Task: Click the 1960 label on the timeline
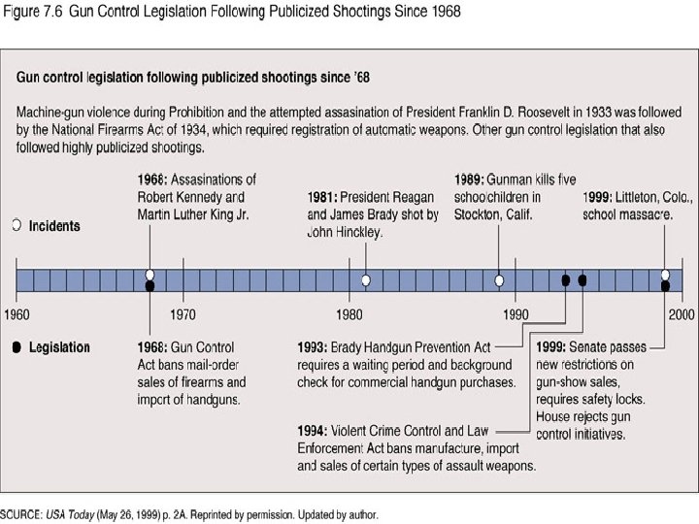point(17,314)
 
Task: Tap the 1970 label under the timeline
point(183,314)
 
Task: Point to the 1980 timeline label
point(349,314)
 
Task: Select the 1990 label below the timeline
point(516,314)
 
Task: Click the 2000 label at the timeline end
point(681,314)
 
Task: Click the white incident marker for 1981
point(366,280)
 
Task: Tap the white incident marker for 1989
point(499,280)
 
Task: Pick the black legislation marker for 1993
point(566,280)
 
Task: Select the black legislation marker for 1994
point(582,280)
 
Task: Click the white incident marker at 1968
point(150,275)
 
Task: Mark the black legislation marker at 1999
point(665,286)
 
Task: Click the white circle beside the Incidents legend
point(16,225)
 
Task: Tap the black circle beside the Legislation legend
point(16,347)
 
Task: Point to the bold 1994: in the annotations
point(314,430)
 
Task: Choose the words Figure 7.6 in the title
point(33,13)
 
